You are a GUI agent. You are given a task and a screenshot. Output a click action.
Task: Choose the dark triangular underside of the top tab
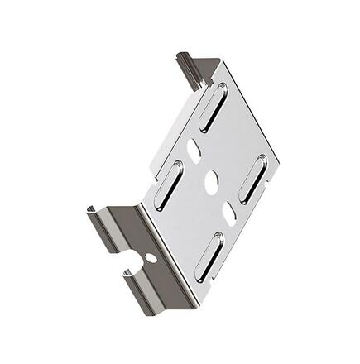(x=214, y=67)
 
